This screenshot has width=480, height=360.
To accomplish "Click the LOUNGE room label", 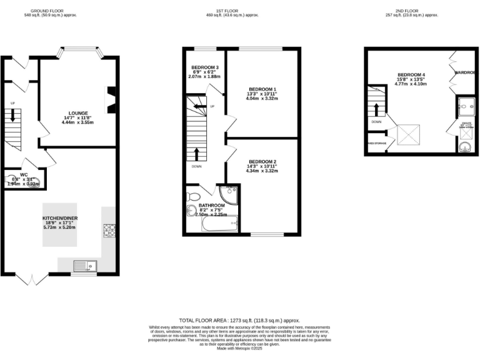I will (x=77, y=113).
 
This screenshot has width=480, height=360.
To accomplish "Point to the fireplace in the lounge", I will (x=111, y=100).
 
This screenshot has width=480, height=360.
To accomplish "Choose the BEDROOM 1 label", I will (x=262, y=89).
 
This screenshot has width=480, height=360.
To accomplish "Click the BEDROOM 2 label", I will (x=262, y=162).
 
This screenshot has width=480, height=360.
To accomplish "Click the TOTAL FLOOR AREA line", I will (x=240, y=319).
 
